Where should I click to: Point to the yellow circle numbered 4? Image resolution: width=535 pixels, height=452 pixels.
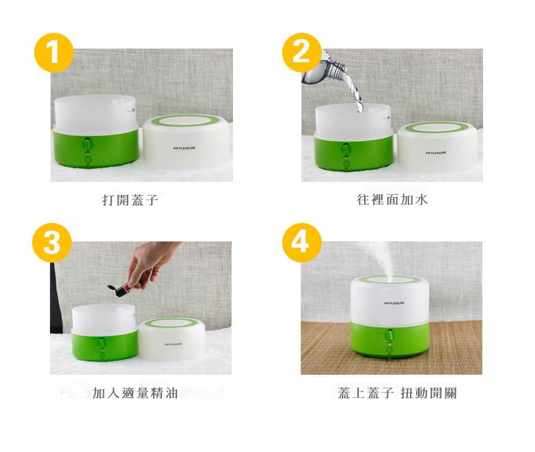[x=301, y=242]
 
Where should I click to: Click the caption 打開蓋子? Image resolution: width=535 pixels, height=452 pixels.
[x=130, y=200]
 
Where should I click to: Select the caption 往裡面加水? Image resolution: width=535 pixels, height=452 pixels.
[x=392, y=200]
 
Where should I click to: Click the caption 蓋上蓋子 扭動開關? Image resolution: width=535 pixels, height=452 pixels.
[x=396, y=393]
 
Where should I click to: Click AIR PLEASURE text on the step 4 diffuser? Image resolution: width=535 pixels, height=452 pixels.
[x=394, y=302]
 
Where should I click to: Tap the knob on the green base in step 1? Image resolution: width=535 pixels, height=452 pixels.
[x=88, y=145]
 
